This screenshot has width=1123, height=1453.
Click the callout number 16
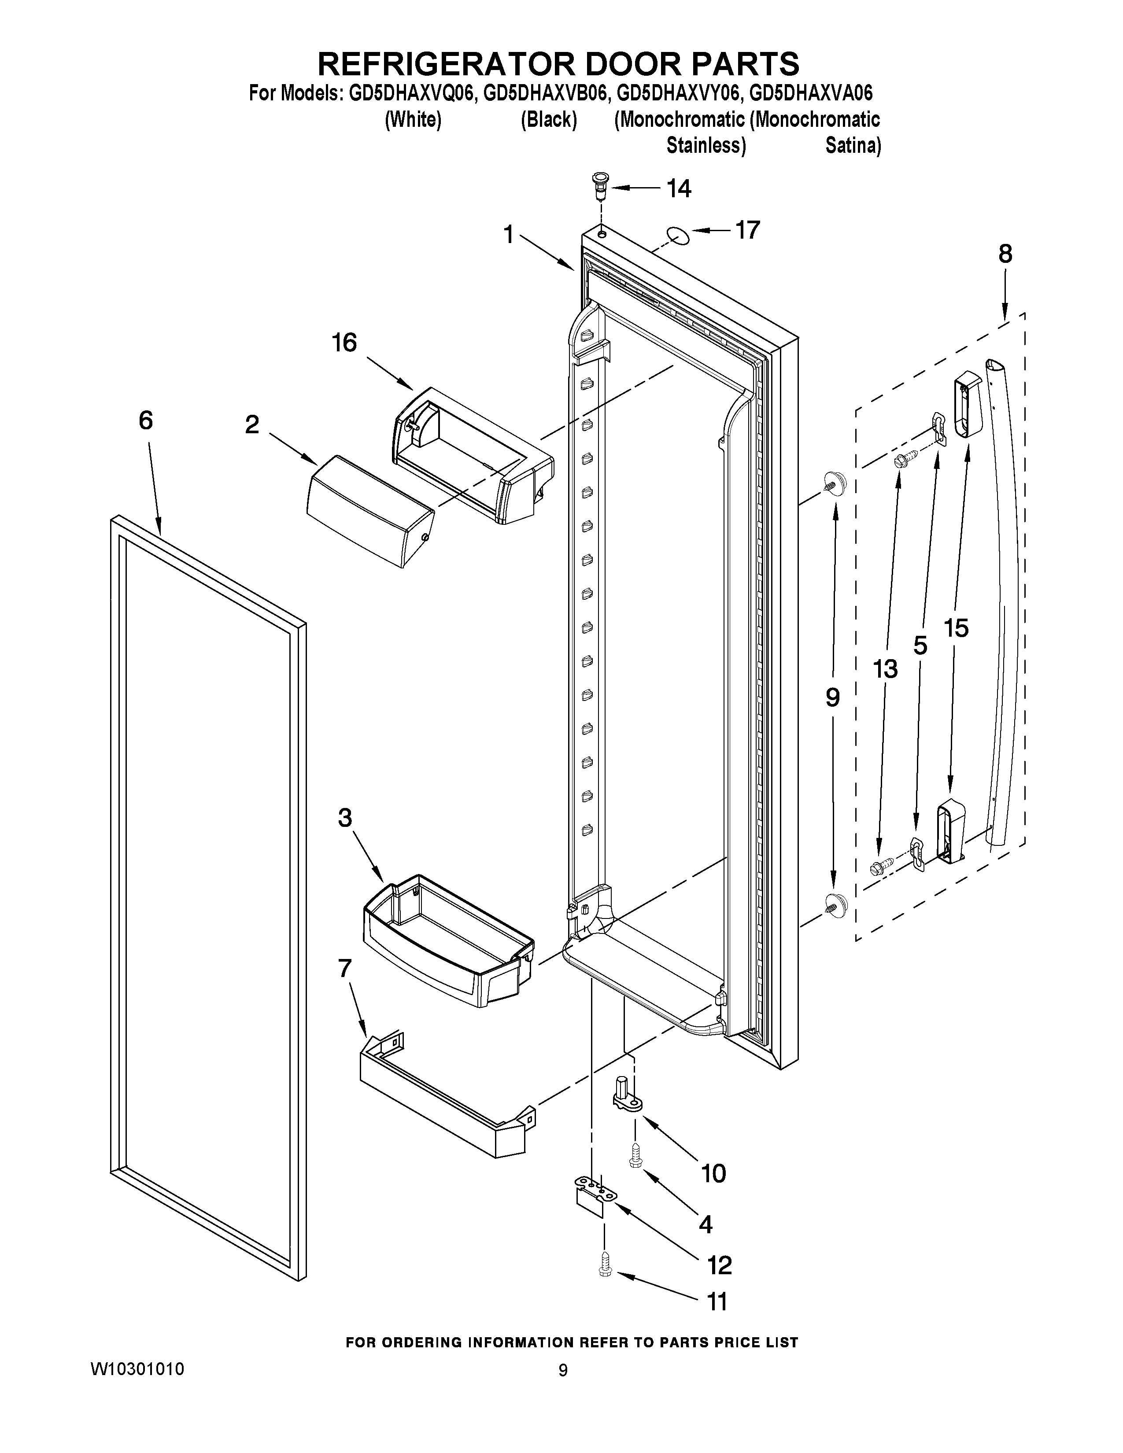click(x=345, y=343)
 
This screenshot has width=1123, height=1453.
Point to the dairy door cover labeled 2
click(x=369, y=510)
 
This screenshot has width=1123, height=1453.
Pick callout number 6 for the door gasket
click(x=146, y=420)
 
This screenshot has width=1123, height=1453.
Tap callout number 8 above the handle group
click(x=1005, y=254)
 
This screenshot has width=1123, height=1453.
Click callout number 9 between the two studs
click(x=832, y=697)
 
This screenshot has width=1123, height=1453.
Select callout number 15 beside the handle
click(x=956, y=628)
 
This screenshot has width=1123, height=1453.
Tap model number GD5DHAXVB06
click(x=546, y=93)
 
